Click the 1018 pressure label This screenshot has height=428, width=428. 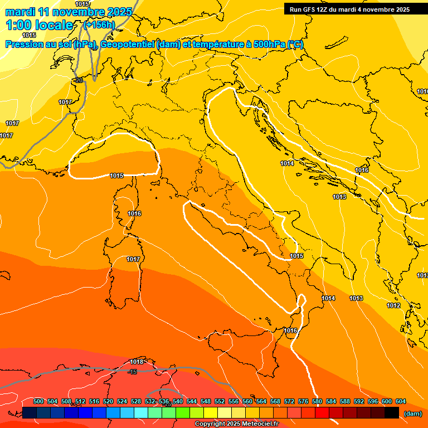click(x=137, y=362)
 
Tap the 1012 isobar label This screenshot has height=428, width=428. click(x=393, y=305)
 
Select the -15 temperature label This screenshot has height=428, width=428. click(x=133, y=372)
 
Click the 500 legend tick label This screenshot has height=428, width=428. click(x=38, y=401)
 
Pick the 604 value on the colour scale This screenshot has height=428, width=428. click(x=401, y=401)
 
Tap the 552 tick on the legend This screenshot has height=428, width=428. click(x=220, y=401)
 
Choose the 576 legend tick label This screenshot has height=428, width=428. click(x=303, y=401)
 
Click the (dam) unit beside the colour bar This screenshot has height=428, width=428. click(x=412, y=414)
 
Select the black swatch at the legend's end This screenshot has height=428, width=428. click(x=392, y=413)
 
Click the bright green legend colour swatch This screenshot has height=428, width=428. click(x=183, y=413)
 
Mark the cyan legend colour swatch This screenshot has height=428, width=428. click(x=141, y=413)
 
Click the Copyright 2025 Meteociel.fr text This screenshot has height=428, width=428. click(x=236, y=424)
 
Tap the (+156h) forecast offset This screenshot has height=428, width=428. click(x=99, y=25)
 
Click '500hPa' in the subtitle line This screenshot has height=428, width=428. click(x=269, y=45)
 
